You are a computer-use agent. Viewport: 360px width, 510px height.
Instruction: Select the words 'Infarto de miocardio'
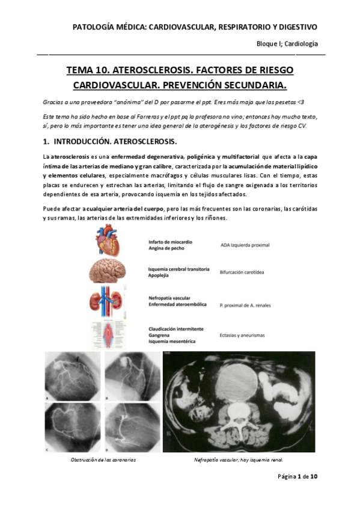173,242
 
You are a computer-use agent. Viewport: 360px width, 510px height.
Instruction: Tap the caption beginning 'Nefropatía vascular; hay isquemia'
238,459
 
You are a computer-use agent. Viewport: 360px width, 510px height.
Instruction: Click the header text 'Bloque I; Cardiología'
287,44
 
